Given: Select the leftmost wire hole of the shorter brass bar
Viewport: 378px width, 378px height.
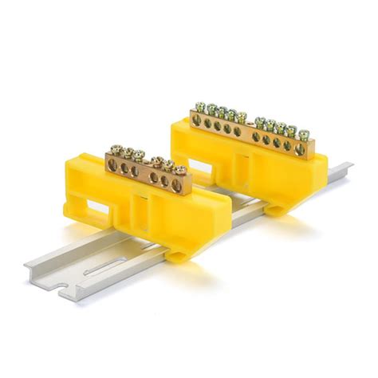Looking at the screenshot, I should coord(112,165).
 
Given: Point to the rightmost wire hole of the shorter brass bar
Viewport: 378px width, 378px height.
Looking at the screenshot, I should coord(177,183).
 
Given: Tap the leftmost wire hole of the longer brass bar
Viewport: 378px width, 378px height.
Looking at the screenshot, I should coord(197,120).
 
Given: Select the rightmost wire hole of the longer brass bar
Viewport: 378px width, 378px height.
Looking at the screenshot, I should coord(300,148).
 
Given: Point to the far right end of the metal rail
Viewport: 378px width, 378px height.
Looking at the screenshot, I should coord(347,167).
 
